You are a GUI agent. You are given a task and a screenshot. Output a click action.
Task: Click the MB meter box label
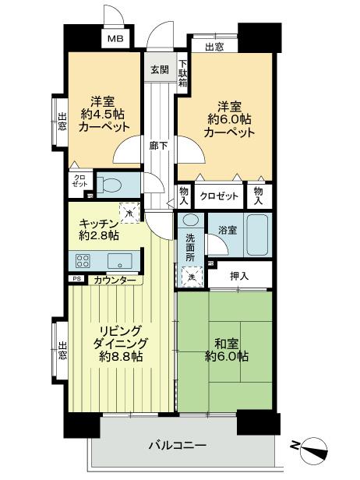click(x=115, y=38)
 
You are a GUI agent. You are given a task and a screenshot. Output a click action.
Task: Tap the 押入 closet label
click(x=238, y=275)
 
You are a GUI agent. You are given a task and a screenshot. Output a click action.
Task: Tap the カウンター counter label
click(x=115, y=279)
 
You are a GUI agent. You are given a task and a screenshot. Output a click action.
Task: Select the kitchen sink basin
click(x=120, y=259)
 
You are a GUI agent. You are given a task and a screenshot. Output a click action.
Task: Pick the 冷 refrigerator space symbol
click(x=128, y=208)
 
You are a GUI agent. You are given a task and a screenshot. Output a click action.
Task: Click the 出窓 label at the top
click(x=214, y=46)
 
